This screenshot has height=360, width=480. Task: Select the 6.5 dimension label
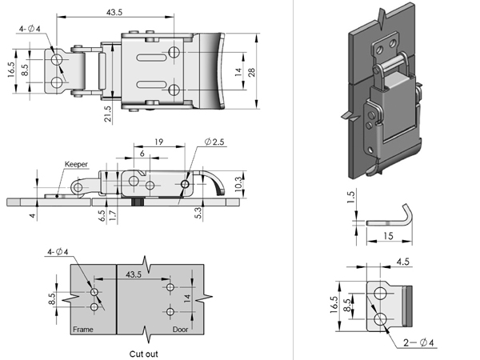pos(102,214)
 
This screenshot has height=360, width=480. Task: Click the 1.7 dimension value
pos(114,214)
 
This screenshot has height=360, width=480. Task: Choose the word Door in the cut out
pos(182,329)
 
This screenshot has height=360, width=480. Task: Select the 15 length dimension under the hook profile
pos(388,237)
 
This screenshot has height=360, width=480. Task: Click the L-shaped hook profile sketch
pos(392,217)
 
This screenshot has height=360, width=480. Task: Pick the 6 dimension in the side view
pos(142,153)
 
